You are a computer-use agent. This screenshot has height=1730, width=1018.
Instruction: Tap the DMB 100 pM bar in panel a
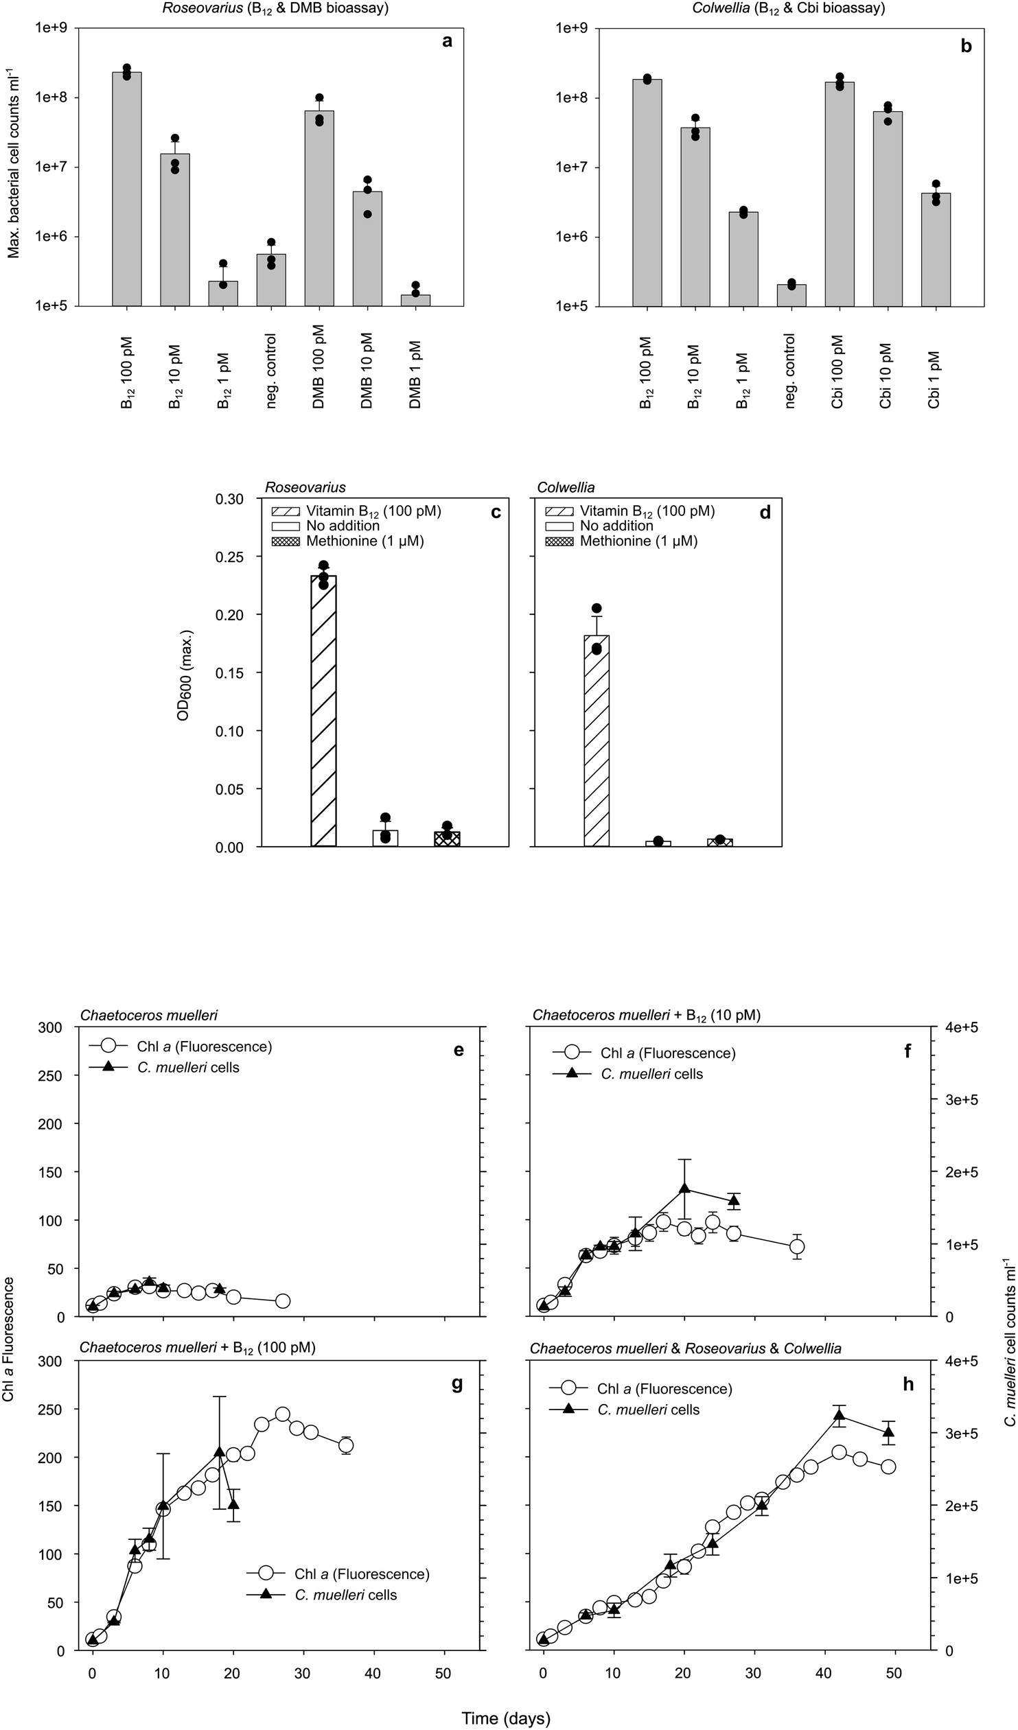[x=319, y=208]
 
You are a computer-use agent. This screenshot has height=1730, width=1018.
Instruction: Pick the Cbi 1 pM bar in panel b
[x=936, y=249]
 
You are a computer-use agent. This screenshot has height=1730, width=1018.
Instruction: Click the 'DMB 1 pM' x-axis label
[x=415, y=371]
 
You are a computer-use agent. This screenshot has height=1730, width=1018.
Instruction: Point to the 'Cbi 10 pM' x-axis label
[x=886, y=375]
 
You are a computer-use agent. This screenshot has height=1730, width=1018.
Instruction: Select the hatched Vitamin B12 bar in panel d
[x=597, y=740]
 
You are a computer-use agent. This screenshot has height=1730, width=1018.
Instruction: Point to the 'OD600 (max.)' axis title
[x=183, y=674]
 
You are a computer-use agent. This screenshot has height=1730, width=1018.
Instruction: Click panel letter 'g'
[x=456, y=1345]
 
